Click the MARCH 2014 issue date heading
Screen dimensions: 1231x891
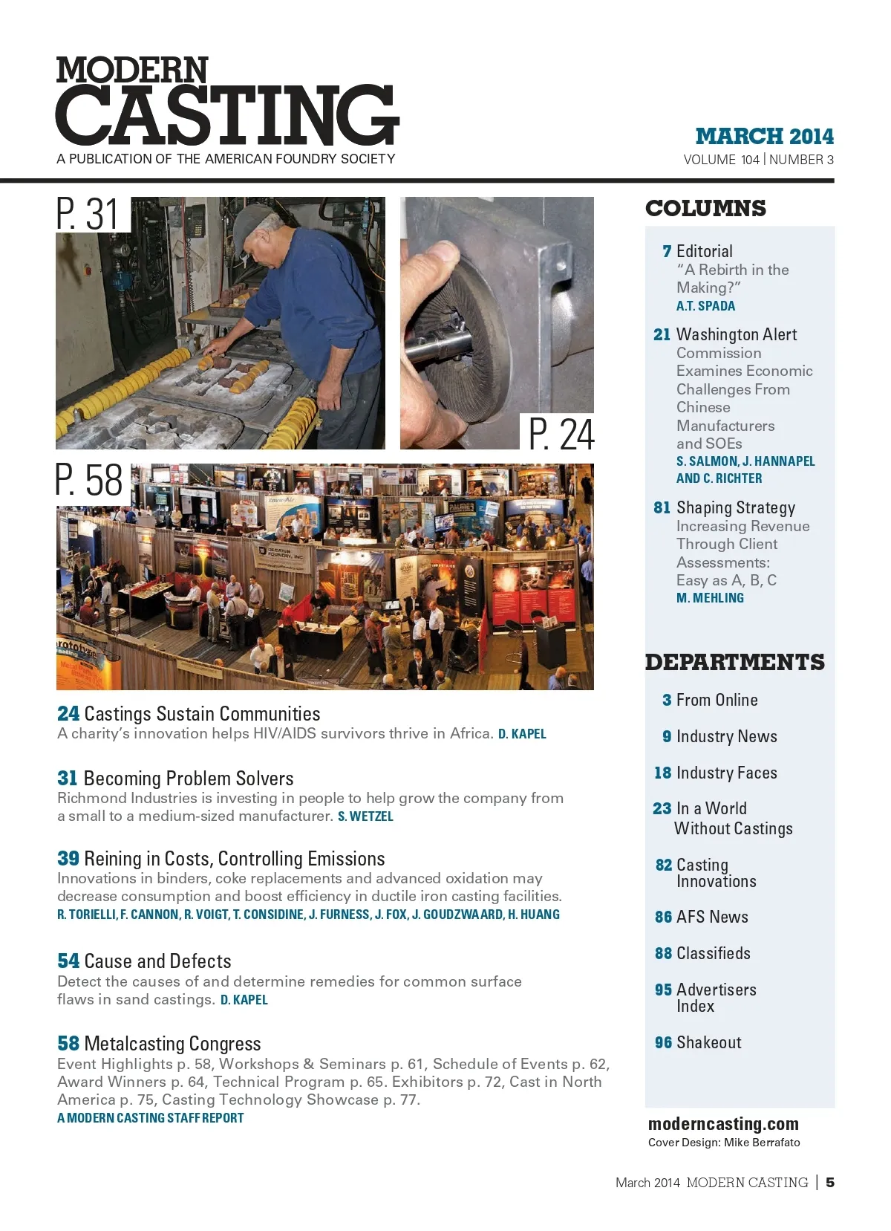point(764,137)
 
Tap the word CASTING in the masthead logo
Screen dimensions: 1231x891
point(227,114)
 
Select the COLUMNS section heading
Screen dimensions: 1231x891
point(705,208)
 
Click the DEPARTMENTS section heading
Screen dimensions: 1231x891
point(734,662)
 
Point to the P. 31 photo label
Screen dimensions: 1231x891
point(88,215)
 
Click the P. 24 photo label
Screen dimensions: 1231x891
point(561,434)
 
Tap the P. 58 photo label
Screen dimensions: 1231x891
point(89,481)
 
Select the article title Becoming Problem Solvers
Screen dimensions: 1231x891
point(189,779)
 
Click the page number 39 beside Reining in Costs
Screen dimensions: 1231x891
point(68,859)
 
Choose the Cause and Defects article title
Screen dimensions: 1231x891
point(157,961)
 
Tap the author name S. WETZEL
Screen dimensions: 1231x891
point(365,816)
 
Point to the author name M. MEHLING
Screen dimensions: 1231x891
point(710,598)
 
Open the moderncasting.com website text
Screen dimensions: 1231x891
point(723,1124)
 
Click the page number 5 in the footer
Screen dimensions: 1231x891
point(830,1182)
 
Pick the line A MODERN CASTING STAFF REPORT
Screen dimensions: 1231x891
point(151,1118)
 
